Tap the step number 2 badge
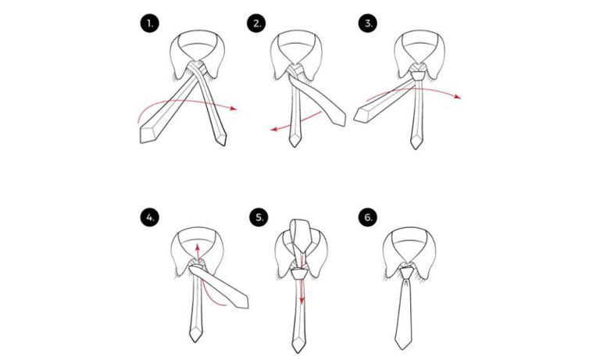[256, 24]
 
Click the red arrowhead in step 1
[234, 109]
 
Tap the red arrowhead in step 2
[267, 133]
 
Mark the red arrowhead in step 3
[460, 98]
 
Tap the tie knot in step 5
[300, 274]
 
